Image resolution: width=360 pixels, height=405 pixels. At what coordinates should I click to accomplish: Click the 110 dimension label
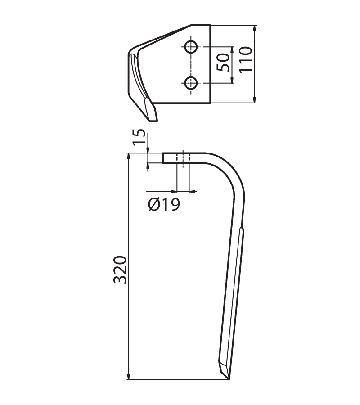(245, 60)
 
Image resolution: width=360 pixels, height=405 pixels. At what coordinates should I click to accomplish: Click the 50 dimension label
(223, 62)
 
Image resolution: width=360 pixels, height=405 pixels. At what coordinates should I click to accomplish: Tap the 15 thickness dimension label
(139, 137)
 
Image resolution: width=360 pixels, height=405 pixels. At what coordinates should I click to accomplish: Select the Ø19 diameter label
(164, 205)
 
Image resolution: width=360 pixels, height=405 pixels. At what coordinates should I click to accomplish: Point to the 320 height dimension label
(120, 270)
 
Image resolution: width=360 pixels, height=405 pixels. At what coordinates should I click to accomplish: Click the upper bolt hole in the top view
(191, 47)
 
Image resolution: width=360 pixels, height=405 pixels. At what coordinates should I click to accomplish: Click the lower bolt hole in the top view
(191, 83)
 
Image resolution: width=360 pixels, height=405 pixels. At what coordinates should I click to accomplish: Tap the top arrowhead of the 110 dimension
(255, 28)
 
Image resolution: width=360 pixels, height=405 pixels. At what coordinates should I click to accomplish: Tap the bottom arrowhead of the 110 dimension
(255, 100)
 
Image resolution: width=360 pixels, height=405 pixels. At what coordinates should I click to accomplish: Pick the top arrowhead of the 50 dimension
(232, 50)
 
